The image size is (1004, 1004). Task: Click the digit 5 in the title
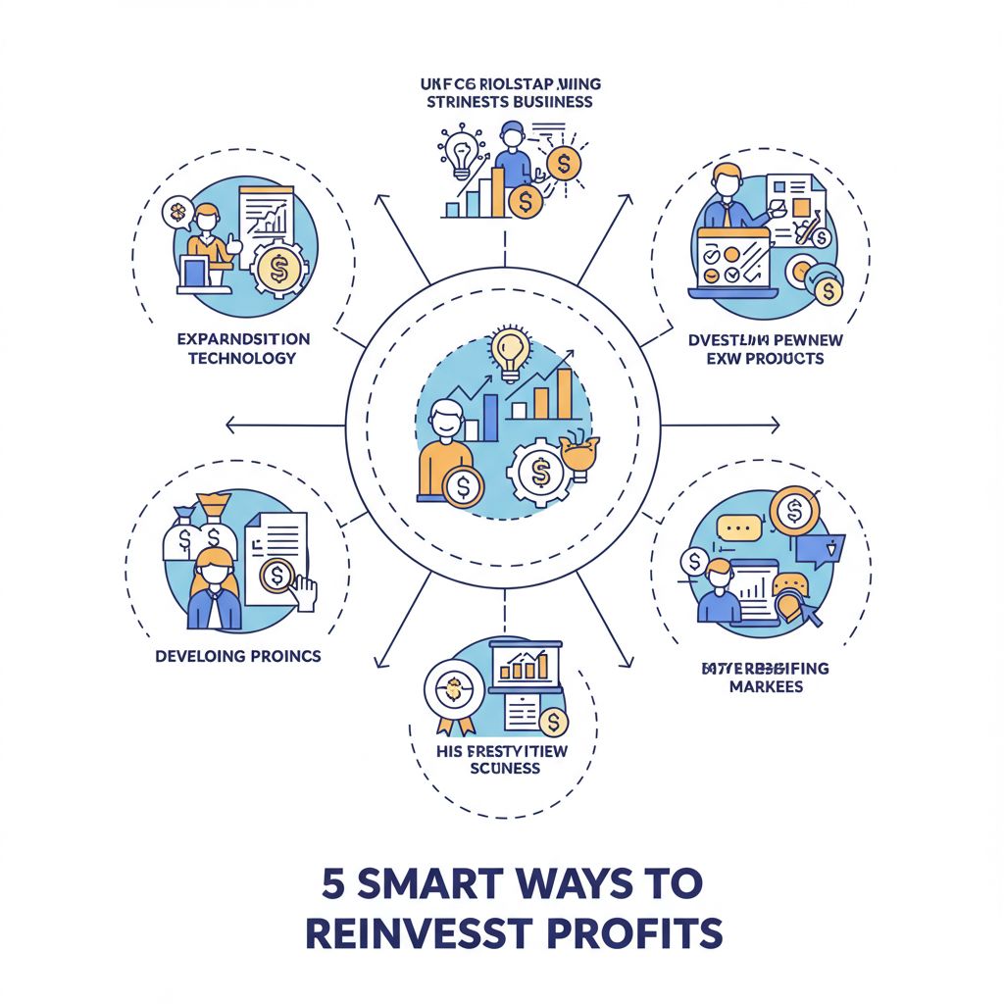click(333, 882)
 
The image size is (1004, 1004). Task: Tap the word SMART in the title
click(434, 882)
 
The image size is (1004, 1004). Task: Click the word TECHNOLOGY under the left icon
click(243, 358)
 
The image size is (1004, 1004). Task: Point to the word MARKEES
click(766, 686)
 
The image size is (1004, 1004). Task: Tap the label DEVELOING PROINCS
click(238, 655)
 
